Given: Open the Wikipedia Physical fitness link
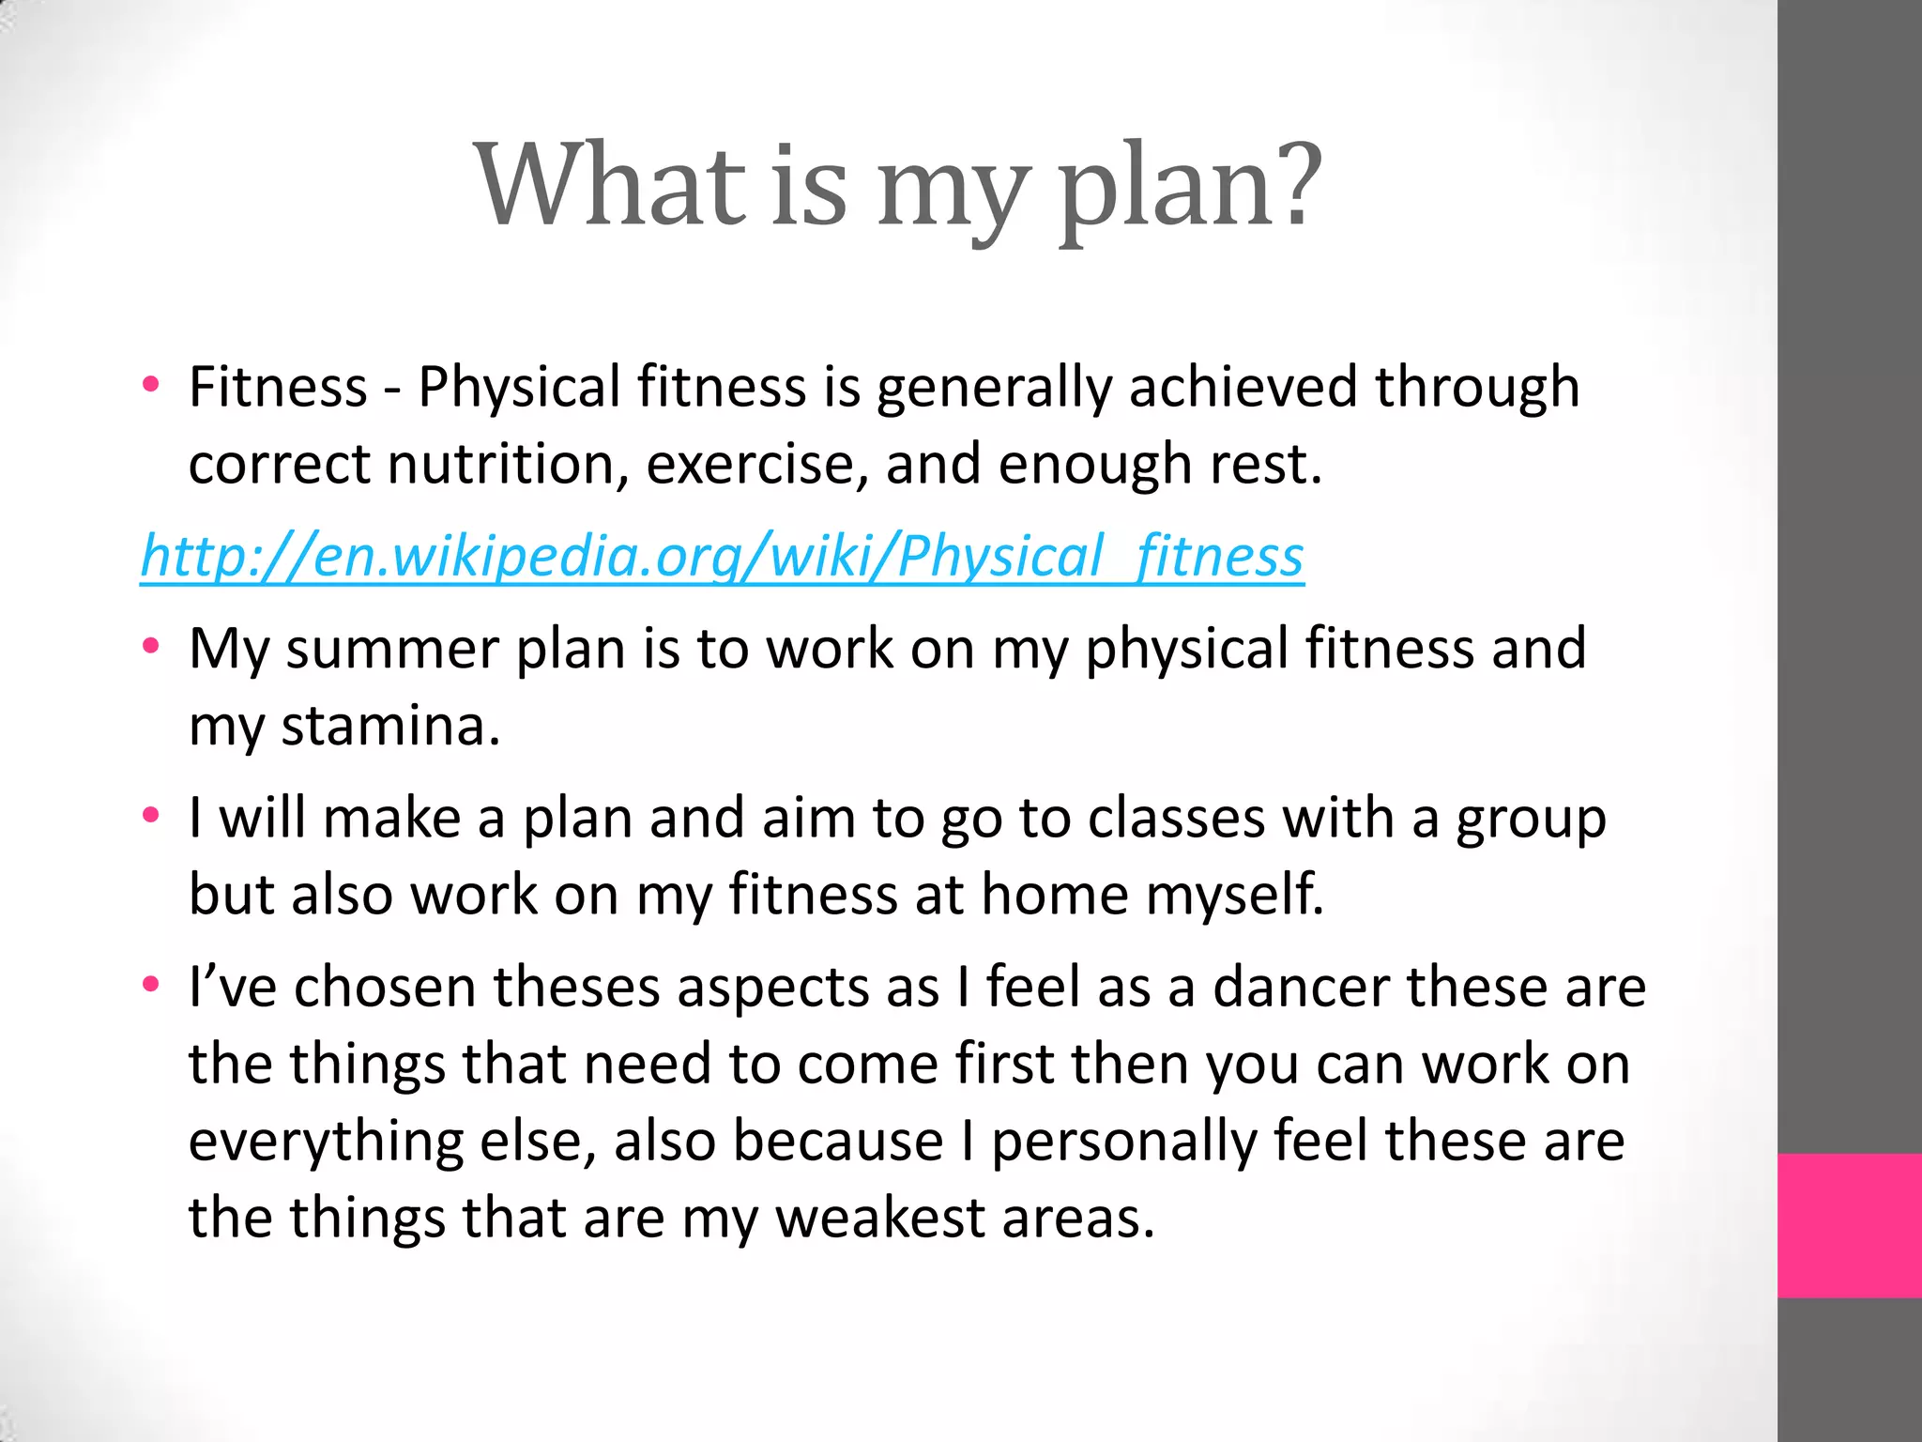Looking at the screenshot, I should pos(722,556).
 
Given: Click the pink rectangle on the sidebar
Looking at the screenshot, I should pos(1849,1225).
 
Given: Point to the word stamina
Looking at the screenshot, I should pos(389,726).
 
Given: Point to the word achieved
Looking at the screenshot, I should pos(1243,387).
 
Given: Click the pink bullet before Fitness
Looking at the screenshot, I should pos(150,385).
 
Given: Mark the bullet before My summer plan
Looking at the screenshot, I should pos(150,647).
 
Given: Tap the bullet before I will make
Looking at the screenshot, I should pos(150,816).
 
